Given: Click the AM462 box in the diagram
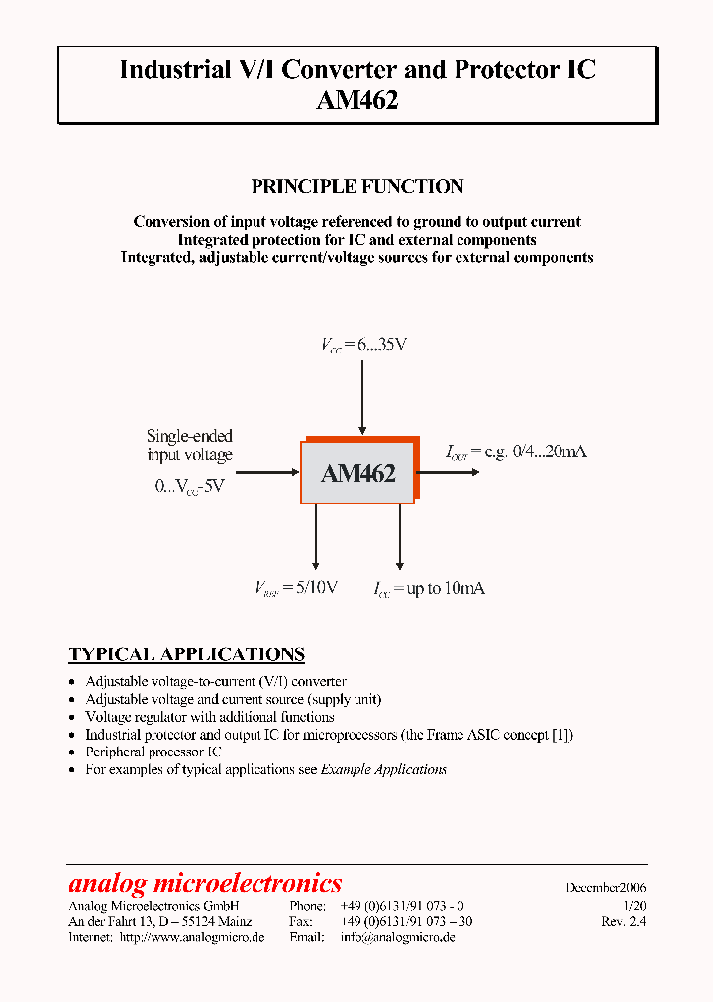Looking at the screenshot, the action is click(x=357, y=473).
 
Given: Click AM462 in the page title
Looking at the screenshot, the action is click(x=357, y=99).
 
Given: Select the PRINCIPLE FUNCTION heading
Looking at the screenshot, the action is click(x=357, y=186).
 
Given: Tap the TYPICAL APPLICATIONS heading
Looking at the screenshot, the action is click(x=186, y=654).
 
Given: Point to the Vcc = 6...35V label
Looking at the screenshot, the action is click(x=363, y=345).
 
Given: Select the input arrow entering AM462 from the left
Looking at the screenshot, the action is click(x=267, y=473).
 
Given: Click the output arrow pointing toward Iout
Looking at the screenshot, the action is click(x=448, y=473).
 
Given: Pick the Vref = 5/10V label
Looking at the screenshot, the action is click(x=296, y=588).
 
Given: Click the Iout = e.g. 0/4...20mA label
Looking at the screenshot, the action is click(x=516, y=451).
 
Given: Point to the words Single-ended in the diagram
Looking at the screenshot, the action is click(x=189, y=436).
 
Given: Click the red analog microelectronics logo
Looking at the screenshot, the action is click(x=205, y=883).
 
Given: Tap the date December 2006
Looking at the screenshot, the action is click(x=606, y=888).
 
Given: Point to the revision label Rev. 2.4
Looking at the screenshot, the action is click(x=623, y=921).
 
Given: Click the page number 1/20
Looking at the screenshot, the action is click(x=634, y=905).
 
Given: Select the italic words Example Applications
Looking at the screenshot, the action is click(x=383, y=769).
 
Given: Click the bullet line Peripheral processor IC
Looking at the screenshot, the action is click(x=153, y=751).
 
